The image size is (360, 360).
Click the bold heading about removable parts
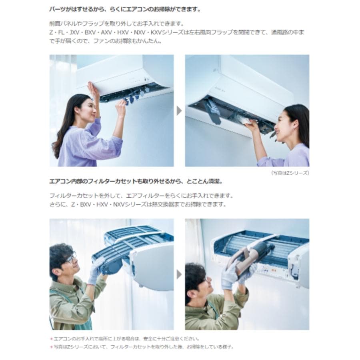(x=125, y=8)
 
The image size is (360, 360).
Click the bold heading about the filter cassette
(x=136, y=181)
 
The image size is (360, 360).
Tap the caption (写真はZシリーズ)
(x=290, y=173)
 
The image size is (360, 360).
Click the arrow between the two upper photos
(x=179, y=111)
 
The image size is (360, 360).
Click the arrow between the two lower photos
(x=179, y=274)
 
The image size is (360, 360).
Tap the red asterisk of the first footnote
(x=51, y=339)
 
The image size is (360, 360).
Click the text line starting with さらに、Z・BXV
(x=138, y=204)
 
